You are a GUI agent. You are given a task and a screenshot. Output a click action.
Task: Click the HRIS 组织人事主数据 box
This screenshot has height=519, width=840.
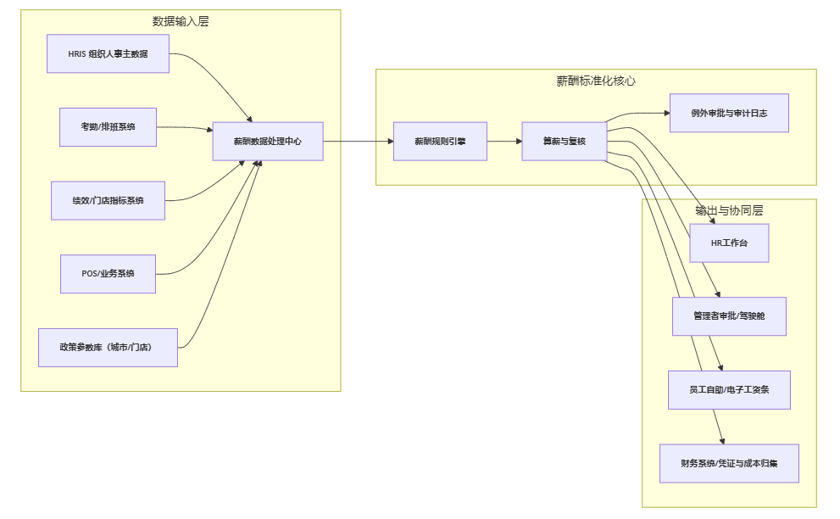coord(108,53)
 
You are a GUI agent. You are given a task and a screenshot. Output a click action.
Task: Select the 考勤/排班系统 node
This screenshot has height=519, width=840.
coord(108,127)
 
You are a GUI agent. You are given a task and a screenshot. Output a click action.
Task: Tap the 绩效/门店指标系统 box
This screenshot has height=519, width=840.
coord(108,200)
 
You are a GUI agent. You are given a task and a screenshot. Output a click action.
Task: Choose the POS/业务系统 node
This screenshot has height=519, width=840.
coord(108,274)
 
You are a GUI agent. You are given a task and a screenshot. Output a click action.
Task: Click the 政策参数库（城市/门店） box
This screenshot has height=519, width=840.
coord(108,347)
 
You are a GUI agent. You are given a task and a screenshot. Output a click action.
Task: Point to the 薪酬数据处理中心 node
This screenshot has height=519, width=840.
coord(268,142)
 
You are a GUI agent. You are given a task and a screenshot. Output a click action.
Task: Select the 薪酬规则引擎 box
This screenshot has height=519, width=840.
coord(440,142)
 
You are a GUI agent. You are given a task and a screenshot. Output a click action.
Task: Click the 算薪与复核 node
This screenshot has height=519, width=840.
coord(565,142)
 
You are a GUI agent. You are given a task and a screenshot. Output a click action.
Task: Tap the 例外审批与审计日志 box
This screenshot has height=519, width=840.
coord(729,113)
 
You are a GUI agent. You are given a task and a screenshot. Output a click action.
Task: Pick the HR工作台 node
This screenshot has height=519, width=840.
coord(729,243)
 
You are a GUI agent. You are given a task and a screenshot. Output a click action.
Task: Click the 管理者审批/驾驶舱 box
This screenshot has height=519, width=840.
coord(729,316)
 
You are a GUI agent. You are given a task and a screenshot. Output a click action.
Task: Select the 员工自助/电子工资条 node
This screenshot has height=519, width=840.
coord(729,390)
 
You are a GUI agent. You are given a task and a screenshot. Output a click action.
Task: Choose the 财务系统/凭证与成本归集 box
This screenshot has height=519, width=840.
coord(729,463)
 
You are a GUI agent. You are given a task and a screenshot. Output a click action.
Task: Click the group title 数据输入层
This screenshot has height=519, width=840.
coord(181,22)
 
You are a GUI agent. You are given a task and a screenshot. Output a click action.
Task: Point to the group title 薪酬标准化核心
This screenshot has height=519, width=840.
coord(596,81)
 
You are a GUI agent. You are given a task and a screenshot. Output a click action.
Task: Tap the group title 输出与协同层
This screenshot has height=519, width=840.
coord(729,211)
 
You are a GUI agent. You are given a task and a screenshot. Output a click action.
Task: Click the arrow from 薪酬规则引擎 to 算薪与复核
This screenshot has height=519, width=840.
coord(504,142)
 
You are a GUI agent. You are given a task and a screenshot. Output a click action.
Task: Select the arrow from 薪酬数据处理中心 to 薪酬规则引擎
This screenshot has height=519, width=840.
coord(358,142)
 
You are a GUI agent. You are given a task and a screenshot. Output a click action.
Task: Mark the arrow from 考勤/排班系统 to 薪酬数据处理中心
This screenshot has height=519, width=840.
coord(185,128)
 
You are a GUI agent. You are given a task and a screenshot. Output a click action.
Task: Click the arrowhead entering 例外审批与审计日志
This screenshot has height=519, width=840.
coord(665,113)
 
